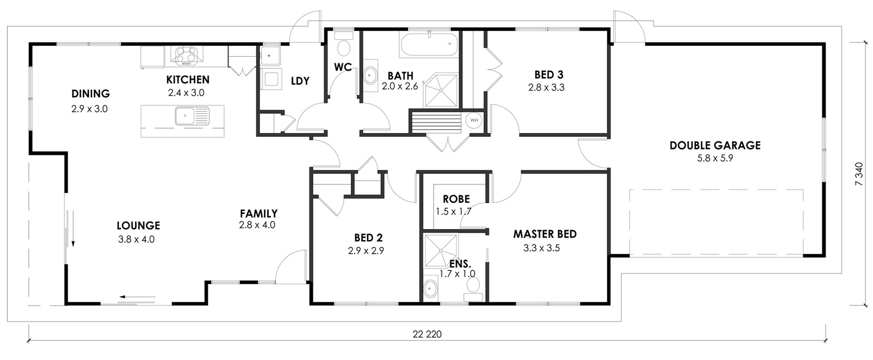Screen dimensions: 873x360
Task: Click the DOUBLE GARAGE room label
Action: [715, 145]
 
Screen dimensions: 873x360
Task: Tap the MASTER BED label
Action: [545, 234]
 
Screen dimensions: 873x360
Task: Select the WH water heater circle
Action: [474, 120]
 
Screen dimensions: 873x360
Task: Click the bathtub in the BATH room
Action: [428, 44]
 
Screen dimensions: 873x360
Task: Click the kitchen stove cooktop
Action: [187, 55]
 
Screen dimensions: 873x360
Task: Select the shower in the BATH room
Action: [441, 91]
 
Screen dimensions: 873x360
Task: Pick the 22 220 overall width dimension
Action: [427, 334]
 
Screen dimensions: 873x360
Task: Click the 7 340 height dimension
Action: [859, 174]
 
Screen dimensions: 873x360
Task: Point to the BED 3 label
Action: [549, 74]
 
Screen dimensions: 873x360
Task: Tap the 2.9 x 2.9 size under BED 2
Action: [366, 250]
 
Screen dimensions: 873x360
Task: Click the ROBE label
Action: [456, 199]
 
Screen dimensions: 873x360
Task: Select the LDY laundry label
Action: [300, 81]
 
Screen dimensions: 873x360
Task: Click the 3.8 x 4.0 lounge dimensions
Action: [136, 239]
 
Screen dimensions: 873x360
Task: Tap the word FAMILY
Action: [259, 213]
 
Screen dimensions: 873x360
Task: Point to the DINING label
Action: [91, 93]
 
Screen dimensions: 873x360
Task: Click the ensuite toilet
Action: [473, 289]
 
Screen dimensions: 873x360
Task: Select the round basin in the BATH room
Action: [370, 75]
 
